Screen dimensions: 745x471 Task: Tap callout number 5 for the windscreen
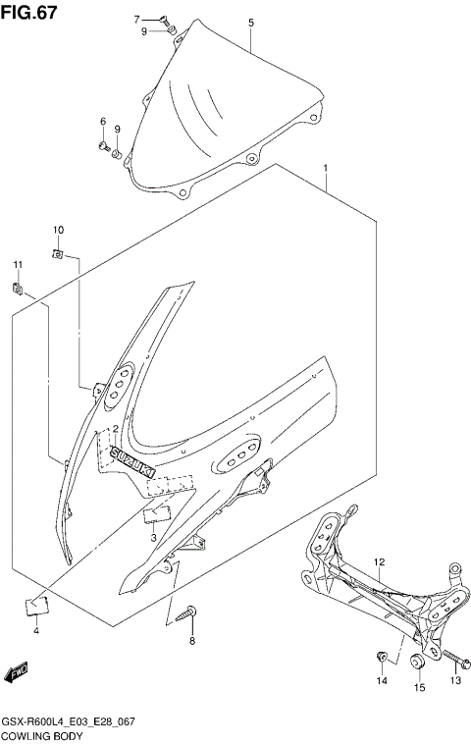(x=250, y=22)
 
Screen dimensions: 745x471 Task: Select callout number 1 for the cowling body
(x=325, y=169)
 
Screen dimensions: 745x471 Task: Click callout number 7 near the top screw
(x=136, y=19)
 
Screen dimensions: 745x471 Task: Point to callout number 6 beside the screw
(x=101, y=122)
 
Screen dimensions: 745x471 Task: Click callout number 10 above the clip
(x=58, y=230)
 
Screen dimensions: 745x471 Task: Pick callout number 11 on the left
(x=17, y=265)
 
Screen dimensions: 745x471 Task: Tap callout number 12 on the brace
(x=380, y=562)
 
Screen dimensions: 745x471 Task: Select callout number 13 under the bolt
(x=454, y=680)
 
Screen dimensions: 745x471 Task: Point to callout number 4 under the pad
(x=35, y=630)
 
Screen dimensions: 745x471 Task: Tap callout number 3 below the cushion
(x=153, y=538)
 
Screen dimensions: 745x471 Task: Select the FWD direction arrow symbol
(x=17, y=672)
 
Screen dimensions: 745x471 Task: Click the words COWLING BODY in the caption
(x=43, y=735)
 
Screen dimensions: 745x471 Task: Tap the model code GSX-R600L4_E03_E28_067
(x=68, y=721)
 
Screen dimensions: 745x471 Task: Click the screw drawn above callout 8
(x=189, y=613)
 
